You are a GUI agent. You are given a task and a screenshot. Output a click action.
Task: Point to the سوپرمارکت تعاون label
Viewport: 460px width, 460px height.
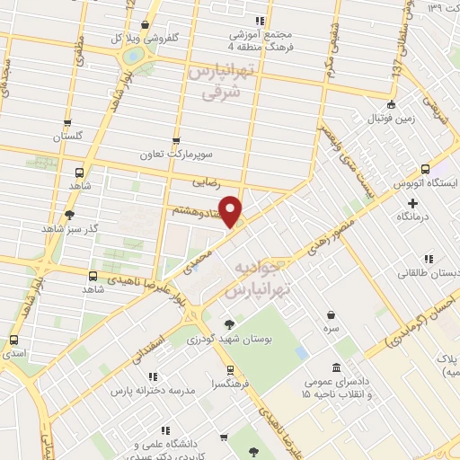tap(175, 155)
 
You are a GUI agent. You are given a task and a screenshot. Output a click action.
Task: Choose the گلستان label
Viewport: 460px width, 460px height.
tap(67, 137)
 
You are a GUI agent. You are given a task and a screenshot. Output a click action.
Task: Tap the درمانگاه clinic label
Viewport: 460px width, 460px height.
tap(413, 217)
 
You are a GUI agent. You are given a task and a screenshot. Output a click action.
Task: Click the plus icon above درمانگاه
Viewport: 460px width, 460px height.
tap(413, 203)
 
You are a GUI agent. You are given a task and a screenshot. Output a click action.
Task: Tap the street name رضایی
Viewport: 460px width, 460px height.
tap(206, 181)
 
